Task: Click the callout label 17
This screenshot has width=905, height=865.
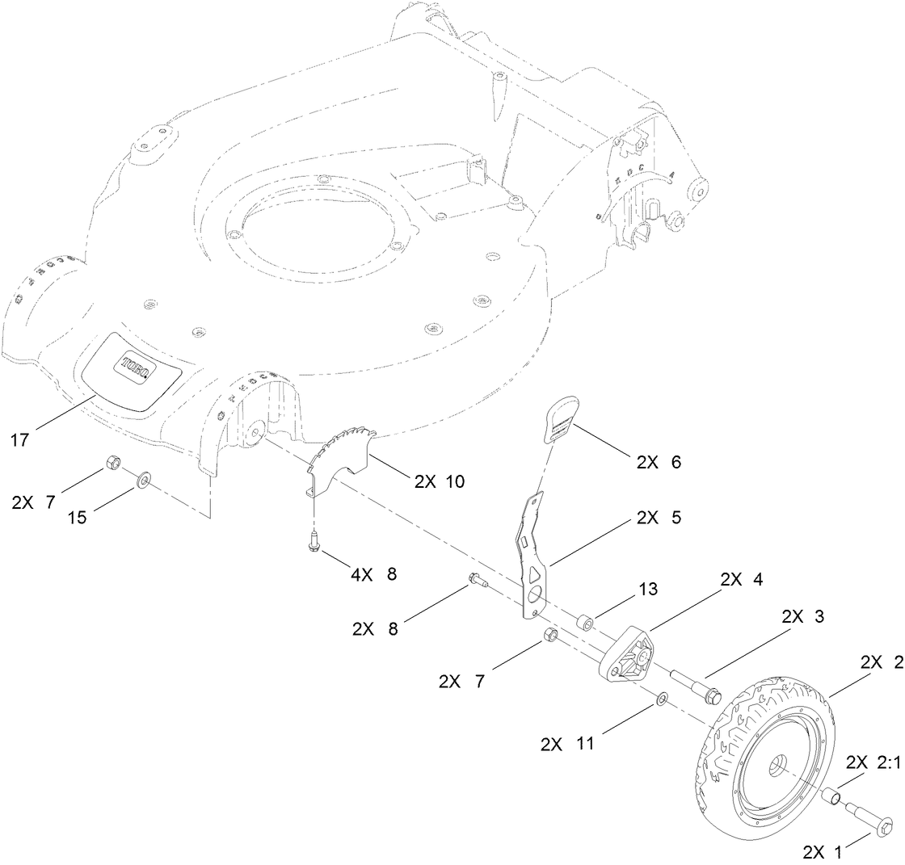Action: (x=20, y=440)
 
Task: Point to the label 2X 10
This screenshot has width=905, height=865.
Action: (x=439, y=481)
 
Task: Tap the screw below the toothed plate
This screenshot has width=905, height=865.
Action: (x=313, y=544)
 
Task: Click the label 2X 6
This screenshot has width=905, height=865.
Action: (x=659, y=462)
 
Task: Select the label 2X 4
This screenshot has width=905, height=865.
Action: (x=741, y=579)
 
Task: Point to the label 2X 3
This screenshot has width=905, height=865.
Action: (x=802, y=615)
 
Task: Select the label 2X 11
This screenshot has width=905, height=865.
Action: (x=566, y=744)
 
